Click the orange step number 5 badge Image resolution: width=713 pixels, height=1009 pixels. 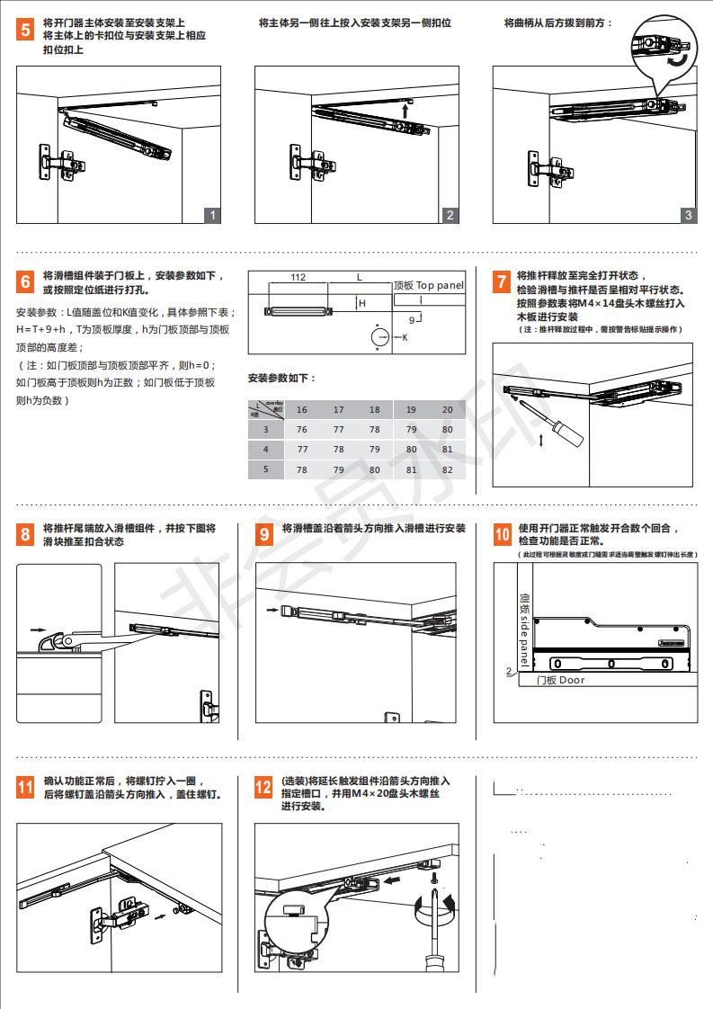[26, 30]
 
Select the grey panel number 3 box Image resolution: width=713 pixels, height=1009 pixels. [688, 215]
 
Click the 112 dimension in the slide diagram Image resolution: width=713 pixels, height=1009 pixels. [299, 278]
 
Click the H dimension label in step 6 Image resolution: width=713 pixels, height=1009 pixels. [362, 304]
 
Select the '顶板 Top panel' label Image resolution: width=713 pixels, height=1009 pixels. [429, 285]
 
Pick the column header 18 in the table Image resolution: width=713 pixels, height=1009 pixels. [375, 410]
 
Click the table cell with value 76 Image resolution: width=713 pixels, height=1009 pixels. [302, 430]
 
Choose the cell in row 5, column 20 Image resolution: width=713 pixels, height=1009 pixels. [448, 469]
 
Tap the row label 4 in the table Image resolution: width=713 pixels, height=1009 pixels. [265, 450]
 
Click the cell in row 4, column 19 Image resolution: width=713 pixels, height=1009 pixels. [411, 450]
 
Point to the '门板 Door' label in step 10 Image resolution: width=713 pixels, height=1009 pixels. [560, 680]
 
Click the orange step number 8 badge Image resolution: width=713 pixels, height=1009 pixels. [26, 535]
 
